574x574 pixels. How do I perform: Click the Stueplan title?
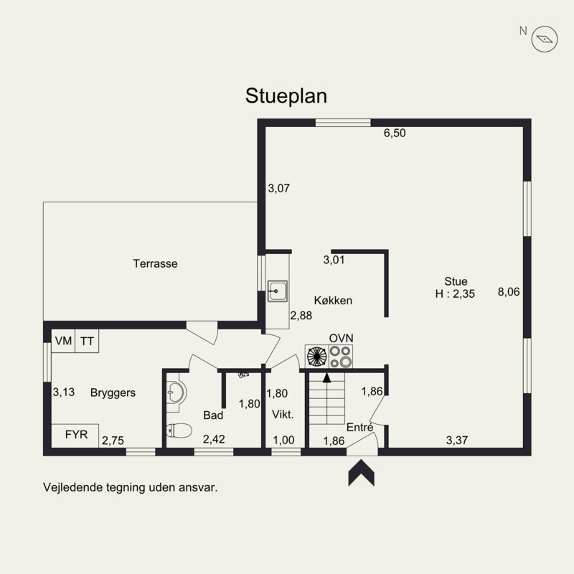click(286, 96)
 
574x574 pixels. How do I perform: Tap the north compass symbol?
click(545, 39)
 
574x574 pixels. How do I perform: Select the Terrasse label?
click(155, 263)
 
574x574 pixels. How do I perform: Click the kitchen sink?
click(277, 291)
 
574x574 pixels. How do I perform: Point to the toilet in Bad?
click(179, 430)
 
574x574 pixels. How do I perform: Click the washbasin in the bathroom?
click(177, 392)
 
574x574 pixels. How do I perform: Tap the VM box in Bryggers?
click(63, 341)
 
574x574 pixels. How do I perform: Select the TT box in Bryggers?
click(87, 341)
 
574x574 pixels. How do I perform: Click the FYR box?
click(75, 436)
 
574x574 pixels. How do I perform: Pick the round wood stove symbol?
click(317, 357)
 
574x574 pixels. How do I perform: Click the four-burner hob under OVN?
click(341, 357)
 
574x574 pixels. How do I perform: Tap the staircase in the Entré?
click(327, 399)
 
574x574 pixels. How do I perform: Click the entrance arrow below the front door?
click(362, 473)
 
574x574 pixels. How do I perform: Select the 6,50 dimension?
click(395, 133)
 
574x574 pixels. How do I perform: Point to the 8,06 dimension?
click(509, 292)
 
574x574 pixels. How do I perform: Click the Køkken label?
click(333, 301)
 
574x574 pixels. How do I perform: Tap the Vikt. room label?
click(283, 415)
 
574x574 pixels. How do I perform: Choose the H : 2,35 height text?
click(455, 293)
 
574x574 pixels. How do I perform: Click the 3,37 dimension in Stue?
click(457, 440)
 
